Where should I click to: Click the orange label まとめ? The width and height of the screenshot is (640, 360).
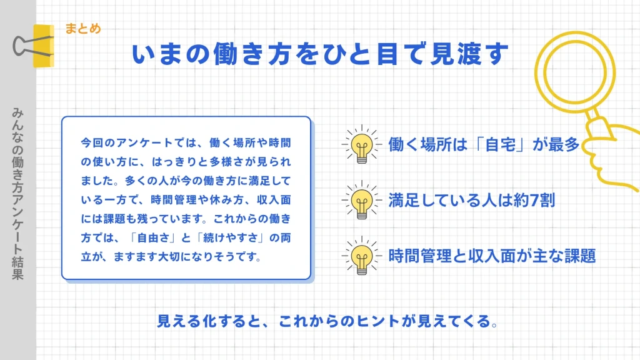click(82, 29)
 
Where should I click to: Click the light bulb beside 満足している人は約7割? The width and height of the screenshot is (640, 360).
click(361, 201)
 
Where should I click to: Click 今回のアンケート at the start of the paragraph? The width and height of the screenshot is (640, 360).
click(115, 143)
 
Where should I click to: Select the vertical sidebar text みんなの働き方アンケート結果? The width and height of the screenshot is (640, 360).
click(17, 194)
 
